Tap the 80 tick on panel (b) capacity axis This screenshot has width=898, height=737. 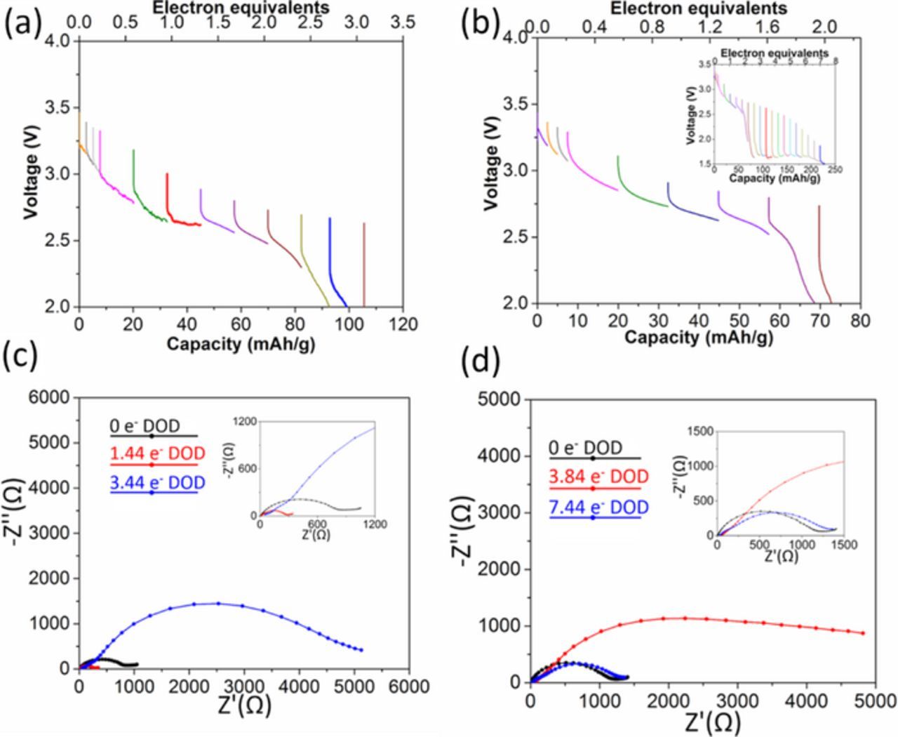point(860,321)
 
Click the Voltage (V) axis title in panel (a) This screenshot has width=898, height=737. point(31,174)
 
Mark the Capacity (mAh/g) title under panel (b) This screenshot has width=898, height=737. point(699,338)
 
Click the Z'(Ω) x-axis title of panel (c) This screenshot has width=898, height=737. point(243,704)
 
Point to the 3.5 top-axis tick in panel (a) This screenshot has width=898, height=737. point(403,22)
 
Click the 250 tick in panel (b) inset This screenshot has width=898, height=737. point(836,170)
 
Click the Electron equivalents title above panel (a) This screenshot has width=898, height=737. point(241,8)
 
